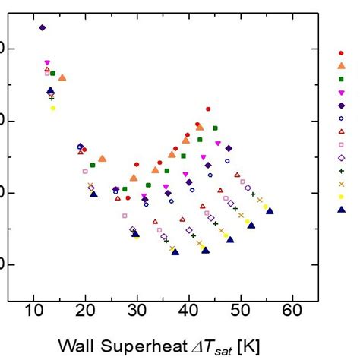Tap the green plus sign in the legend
[x=341, y=171]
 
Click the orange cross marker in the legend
[x=341, y=184]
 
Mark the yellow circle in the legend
[x=341, y=197]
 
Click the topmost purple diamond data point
[x=43, y=27]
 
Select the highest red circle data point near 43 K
[x=208, y=109]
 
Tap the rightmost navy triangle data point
[x=270, y=211]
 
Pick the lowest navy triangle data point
[x=175, y=251]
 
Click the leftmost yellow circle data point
[x=53, y=108]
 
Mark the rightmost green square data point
[x=215, y=128]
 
